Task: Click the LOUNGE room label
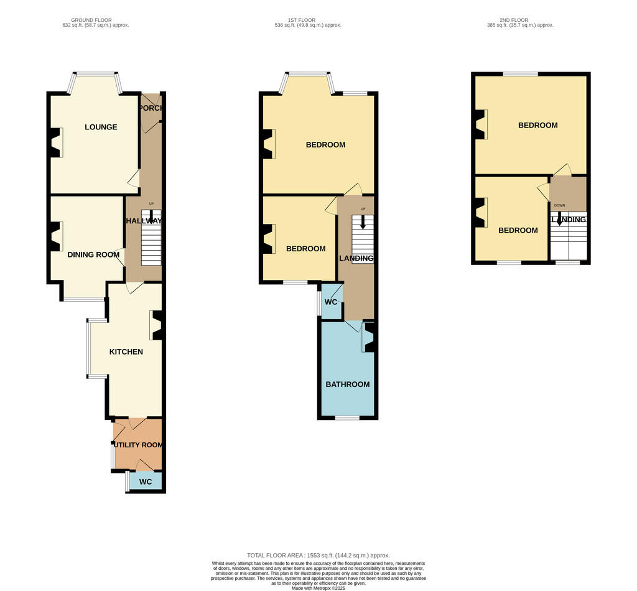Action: click(x=101, y=127)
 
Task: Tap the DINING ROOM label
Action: click(x=93, y=254)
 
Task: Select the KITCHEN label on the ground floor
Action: click(x=126, y=351)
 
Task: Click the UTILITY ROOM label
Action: click(x=137, y=445)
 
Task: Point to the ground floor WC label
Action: click(x=146, y=482)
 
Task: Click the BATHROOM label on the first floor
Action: click(x=348, y=384)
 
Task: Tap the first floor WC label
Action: click(x=331, y=302)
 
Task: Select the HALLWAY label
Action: click(x=144, y=221)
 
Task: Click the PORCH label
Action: click(x=152, y=108)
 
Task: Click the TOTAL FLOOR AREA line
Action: click(x=318, y=555)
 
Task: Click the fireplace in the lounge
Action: click(x=56, y=142)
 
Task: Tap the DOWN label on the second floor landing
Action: click(x=559, y=205)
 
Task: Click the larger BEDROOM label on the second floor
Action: click(x=537, y=125)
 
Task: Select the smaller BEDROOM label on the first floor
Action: click(x=305, y=248)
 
